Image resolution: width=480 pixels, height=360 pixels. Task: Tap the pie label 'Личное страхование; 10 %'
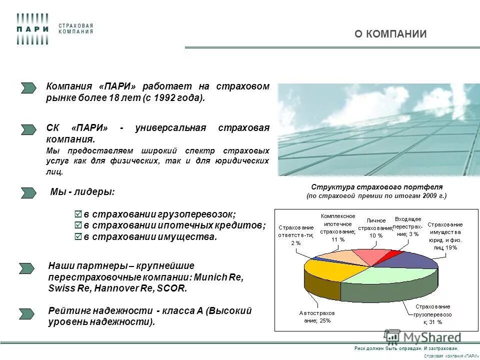[x=376, y=227]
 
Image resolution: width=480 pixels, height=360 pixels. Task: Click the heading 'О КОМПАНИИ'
[x=390, y=34]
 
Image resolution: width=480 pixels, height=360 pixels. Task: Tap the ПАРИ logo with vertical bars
[x=32, y=29]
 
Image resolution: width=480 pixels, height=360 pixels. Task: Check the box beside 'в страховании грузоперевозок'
[x=77, y=214]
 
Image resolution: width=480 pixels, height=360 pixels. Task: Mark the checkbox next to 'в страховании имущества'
[x=77, y=236]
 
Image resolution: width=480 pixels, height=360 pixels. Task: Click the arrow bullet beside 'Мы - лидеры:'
[x=28, y=192]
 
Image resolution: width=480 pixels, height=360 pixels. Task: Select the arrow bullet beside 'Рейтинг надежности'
[x=27, y=314]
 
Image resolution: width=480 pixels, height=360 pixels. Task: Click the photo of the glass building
[x=378, y=129]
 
